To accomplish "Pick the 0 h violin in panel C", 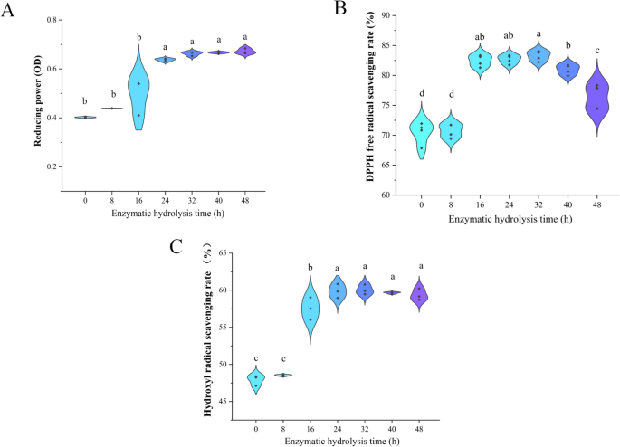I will [256, 380].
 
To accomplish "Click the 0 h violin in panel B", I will [422, 131].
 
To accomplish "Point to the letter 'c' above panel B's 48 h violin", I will [596, 51].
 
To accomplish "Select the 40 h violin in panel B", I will [568, 69].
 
